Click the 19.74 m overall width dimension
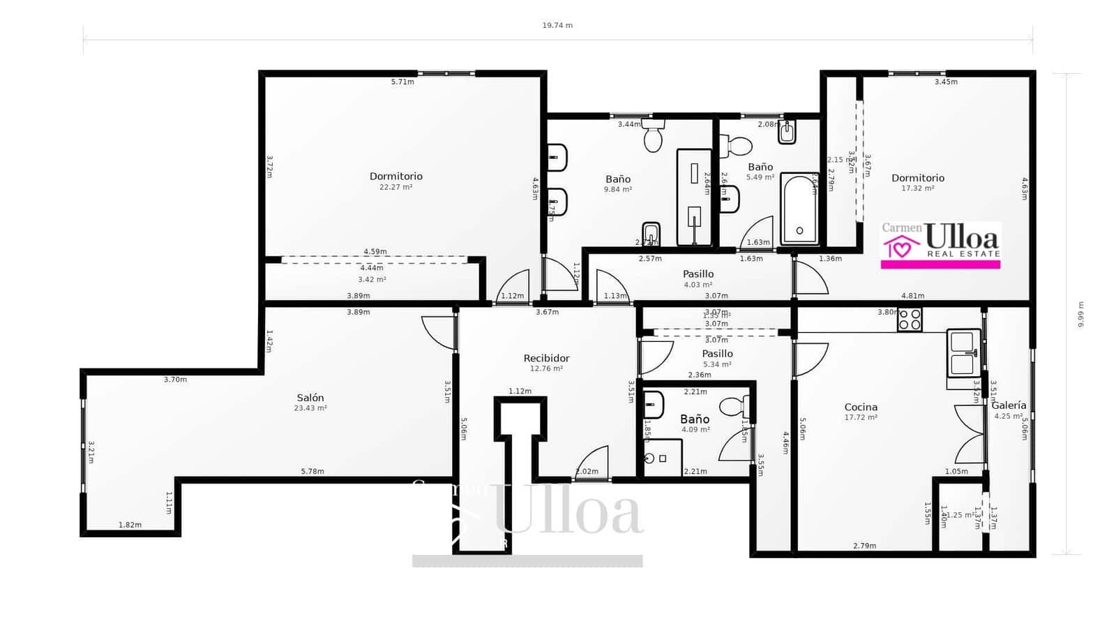tap(557, 25)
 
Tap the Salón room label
tap(310, 398)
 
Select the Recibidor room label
tap(546, 358)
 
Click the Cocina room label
tap(861, 407)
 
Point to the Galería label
tap(1009, 405)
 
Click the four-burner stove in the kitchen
tap(910, 320)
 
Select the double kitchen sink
tap(963, 353)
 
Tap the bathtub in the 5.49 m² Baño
tap(799, 209)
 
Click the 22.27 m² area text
tap(395, 187)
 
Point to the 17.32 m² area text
tap(917, 188)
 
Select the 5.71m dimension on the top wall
tap(402, 82)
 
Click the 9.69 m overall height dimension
tap(1080, 314)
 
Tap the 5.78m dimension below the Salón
tap(312, 471)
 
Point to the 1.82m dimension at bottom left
tap(130, 525)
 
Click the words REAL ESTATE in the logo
tap(963, 254)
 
